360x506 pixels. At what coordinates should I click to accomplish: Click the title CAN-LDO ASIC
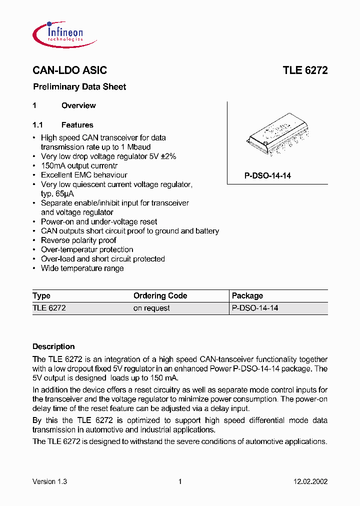pyautogui.click(x=69, y=70)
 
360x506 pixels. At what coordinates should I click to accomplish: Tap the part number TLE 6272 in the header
pyautogui.click(x=305, y=70)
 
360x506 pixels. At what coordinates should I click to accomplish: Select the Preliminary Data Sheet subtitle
pyautogui.click(x=79, y=87)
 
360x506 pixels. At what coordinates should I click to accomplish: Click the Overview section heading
pyautogui.click(x=78, y=105)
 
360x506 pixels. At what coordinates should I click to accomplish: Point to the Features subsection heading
pyautogui.click(x=77, y=125)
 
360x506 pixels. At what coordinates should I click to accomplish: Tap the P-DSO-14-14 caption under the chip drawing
pyautogui.click(x=267, y=176)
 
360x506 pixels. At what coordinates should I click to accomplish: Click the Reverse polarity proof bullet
pyautogui.click(x=78, y=240)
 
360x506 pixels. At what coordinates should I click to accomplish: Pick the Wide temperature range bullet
pyautogui.click(x=82, y=268)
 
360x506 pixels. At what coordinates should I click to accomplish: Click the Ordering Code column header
pyautogui.click(x=160, y=296)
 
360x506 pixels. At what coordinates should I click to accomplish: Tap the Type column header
pyautogui.click(x=41, y=296)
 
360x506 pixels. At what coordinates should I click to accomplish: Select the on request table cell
pyautogui.click(x=151, y=308)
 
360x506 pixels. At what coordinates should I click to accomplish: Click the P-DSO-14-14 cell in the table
pyautogui.click(x=255, y=308)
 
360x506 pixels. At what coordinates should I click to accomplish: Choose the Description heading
pyautogui.click(x=53, y=346)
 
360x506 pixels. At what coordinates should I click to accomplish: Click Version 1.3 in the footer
pyautogui.click(x=49, y=481)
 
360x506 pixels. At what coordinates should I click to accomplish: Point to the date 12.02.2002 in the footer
pyautogui.click(x=310, y=481)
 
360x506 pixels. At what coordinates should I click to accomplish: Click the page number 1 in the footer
pyautogui.click(x=180, y=481)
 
